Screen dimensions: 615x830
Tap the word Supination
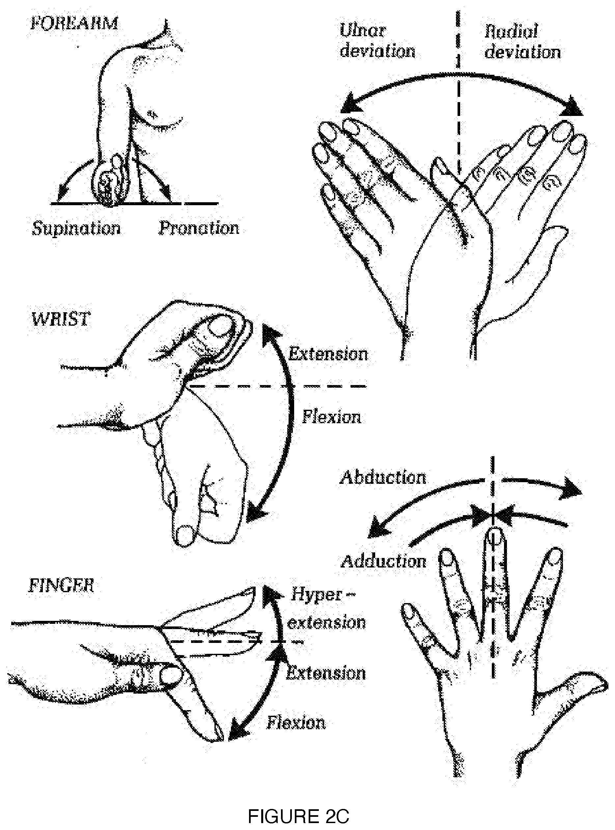pos(76,228)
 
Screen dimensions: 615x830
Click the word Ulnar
pos(363,31)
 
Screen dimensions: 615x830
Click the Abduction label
pos(383,478)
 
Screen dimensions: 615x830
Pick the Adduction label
pos(383,561)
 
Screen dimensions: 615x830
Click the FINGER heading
pos(61,586)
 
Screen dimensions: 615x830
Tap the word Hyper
pos(316,595)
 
